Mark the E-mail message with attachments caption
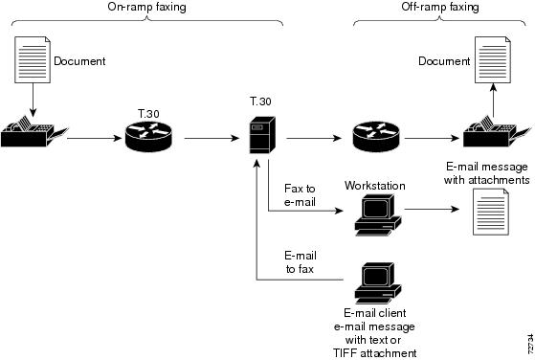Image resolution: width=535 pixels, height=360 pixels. click(x=487, y=172)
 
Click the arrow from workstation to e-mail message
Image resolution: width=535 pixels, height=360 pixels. click(x=435, y=208)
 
